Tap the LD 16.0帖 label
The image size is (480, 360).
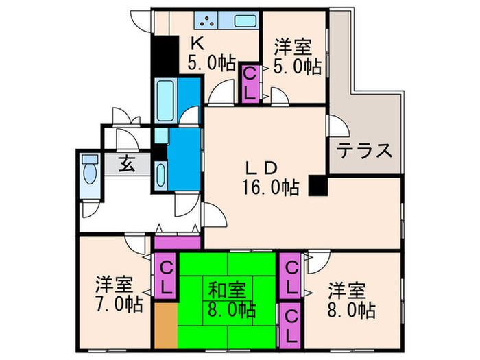point(263,176)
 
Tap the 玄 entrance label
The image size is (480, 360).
point(128,165)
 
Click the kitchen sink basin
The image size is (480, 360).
point(246,21)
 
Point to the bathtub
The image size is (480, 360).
point(167,99)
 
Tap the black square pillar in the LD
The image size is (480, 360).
point(317,186)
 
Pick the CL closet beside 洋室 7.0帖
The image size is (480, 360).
point(165,276)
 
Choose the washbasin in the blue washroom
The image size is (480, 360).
point(160,176)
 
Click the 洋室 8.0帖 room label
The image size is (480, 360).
point(350,300)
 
